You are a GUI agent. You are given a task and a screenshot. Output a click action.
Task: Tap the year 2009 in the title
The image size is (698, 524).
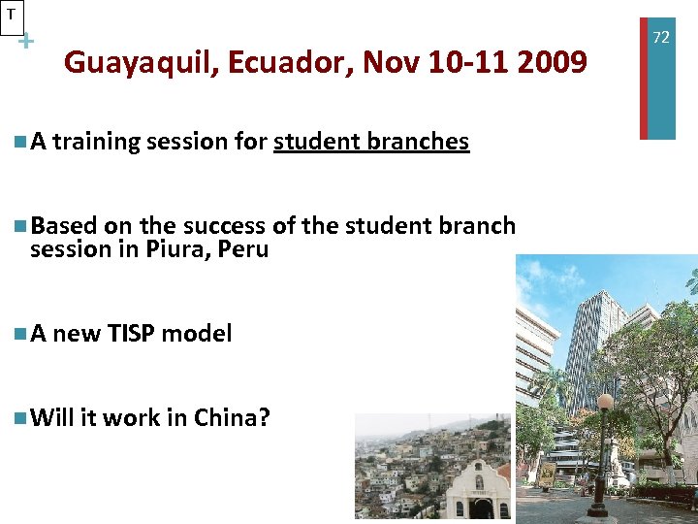click(552, 63)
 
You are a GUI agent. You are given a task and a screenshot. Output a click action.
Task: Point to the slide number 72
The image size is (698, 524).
click(661, 37)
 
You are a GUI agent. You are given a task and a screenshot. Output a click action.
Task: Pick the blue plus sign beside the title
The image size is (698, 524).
click(26, 42)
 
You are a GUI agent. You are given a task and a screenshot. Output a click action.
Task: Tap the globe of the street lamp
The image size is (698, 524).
click(605, 401)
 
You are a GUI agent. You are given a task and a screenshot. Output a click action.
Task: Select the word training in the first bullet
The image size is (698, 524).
click(93, 142)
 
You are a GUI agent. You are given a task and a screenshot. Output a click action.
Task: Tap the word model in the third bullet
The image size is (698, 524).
click(197, 334)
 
